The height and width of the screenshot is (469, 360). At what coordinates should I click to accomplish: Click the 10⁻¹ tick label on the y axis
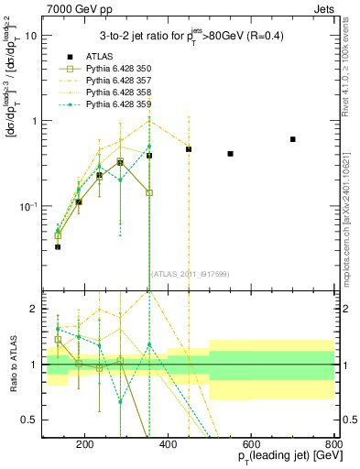27,206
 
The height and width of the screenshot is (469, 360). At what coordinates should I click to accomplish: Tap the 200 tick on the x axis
85,446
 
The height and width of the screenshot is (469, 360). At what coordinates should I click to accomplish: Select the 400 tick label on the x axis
169,446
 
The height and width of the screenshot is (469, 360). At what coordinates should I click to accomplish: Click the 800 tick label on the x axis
334,446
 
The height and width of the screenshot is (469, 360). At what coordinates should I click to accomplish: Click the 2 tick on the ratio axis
33,309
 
